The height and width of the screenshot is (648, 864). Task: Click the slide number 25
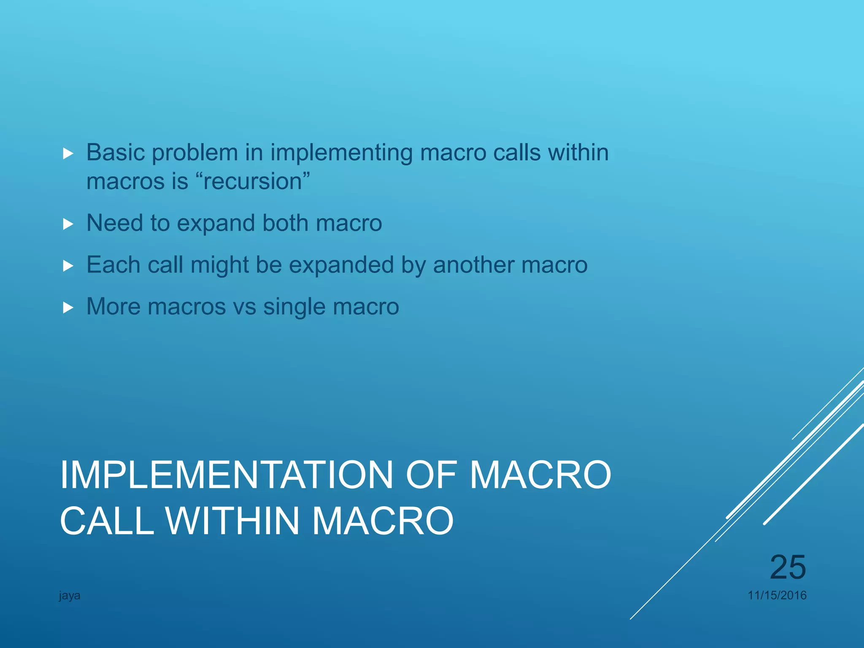pyautogui.click(x=788, y=567)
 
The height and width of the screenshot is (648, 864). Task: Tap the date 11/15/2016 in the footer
pyautogui.click(x=777, y=595)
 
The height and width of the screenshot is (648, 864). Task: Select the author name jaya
pyautogui.click(x=70, y=596)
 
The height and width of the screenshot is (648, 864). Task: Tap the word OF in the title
pyautogui.click(x=431, y=475)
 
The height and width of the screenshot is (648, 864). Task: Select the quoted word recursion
pyautogui.click(x=253, y=182)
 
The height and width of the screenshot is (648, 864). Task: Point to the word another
pyautogui.click(x=473, y=265)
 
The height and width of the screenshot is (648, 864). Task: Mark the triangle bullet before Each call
pyautogui.click(x=68, y=266)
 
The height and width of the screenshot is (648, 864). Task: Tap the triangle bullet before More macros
pyautogui.click(x=68, y=308)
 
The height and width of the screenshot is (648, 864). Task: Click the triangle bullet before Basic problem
pyautogui.click(x=68, y=154)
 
